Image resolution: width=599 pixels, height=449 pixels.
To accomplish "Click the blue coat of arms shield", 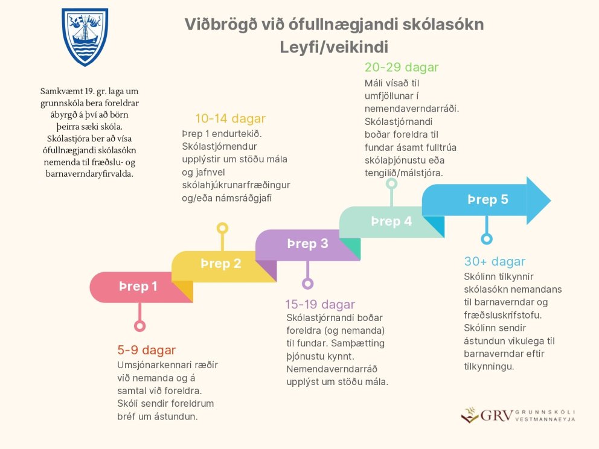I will (85, 36).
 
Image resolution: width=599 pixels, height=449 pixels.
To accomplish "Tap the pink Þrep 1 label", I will (138, 287).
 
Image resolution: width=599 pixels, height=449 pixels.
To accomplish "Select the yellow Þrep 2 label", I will (220, 264).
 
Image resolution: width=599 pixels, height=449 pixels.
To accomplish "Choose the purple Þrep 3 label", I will (307, 244).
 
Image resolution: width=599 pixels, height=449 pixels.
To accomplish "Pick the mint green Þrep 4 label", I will (391, 221).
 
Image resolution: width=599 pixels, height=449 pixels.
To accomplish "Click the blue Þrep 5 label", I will (487, 200).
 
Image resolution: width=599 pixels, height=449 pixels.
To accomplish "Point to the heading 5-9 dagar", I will (146, 350).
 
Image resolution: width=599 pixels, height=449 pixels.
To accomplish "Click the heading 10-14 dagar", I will (230, 119).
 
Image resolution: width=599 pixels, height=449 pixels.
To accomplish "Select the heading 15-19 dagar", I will (320, 304).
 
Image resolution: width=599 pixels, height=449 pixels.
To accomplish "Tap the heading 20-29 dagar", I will (402, 68).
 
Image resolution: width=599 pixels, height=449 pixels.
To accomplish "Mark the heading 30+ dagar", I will (495, 262).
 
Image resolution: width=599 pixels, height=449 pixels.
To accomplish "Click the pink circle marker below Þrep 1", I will (140, 326).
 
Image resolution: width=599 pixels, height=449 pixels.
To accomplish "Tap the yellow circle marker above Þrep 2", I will (222, 228).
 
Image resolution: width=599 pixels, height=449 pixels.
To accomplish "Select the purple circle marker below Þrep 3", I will (307, 283).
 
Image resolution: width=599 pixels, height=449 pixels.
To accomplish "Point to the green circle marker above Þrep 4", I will (391, 183).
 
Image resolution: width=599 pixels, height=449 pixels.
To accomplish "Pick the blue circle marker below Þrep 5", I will (485, 238).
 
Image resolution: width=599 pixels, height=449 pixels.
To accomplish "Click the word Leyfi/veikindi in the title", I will (333, 46).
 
